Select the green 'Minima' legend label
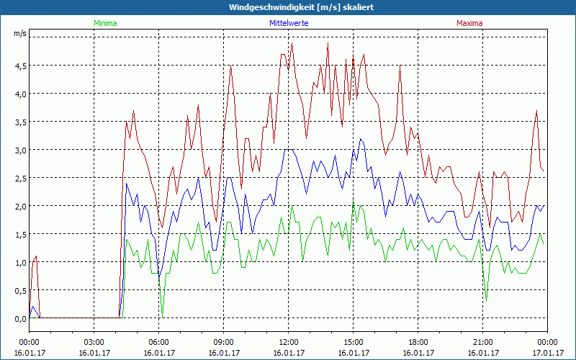click(x=105, y=23)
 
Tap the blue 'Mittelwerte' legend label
click(x=288, y=23)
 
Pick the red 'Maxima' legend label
click(x=469, y=23)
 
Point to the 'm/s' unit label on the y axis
click(x=19, y=33)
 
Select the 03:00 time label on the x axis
click(x=94, y=341)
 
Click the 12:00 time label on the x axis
click(x=289, y=341)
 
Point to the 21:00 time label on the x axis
click(x=483, y=341)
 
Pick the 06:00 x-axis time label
click(x=159, y=341)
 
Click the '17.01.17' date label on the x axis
click(x=547, y=353)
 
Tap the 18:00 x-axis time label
click(x=418, y=341)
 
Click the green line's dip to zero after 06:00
click(x=163, y=315)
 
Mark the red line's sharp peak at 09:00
click(x=230, y=66)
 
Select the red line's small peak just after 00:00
click(x=36, y=256)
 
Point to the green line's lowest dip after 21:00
click(x=486, y=300)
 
